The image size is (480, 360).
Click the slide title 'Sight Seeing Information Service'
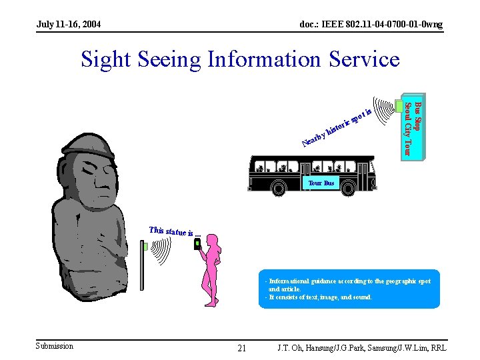point(240,59)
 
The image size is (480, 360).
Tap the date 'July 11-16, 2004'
point(69,25)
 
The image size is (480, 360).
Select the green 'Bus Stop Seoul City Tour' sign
point(412,127)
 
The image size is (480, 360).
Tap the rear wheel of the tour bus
point(279,189)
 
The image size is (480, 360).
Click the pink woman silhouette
point(213,273)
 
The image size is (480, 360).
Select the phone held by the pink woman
point(198,245)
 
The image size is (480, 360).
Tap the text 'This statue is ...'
point(175,232)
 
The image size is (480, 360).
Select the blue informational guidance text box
point(349,289)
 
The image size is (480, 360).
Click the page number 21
point(241,348)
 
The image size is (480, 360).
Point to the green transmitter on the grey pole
point(145,246)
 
